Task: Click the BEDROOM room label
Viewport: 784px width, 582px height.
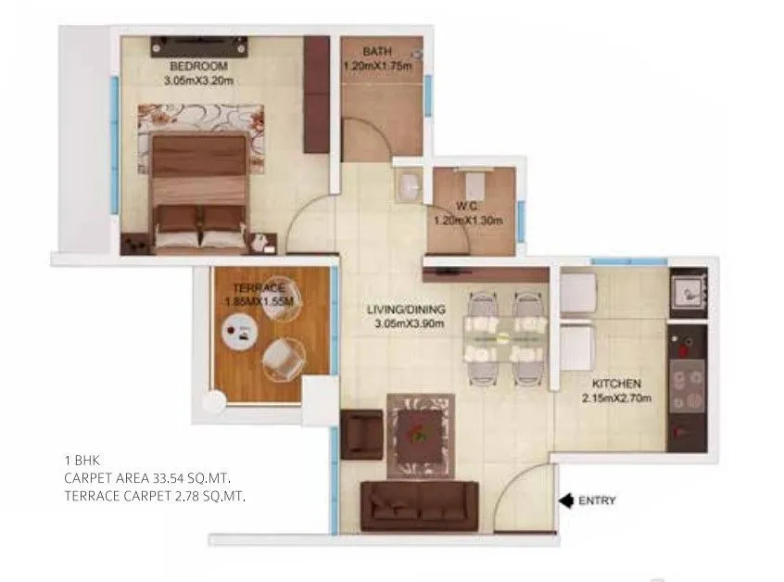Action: pyautogui.click(x=197, y=68)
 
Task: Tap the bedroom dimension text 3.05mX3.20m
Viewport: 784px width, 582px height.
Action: pyautogui.click(x=197, y=81)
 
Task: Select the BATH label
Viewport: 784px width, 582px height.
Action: pyautogui.click(x=376, y=52)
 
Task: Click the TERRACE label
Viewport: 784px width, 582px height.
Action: pyautogui.click(x=253, y=288)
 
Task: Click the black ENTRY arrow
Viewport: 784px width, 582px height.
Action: pyautogui.click(x=564, y=501)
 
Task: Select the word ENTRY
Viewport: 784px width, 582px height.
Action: pyautogui.click(x=597, y=501)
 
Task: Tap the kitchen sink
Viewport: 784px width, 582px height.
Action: pyautogui.click(x=687, y=294)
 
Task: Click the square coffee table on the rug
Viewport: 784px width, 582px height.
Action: pyautogui.click(x=419, y=431)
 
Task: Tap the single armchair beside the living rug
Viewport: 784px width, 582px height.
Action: pyautogui.click(x=360, y=433)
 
